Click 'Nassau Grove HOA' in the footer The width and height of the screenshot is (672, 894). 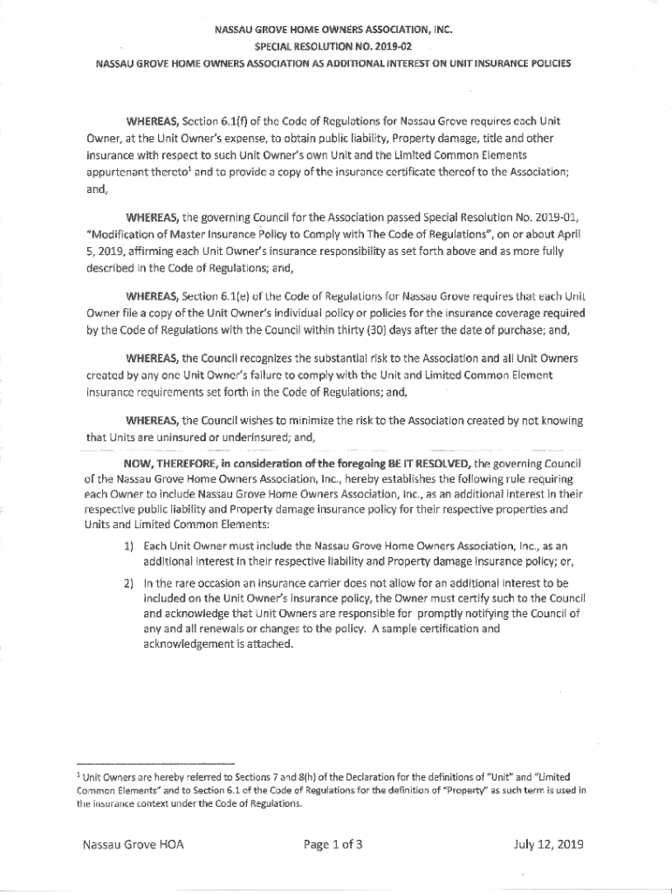[x=134, y=844]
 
